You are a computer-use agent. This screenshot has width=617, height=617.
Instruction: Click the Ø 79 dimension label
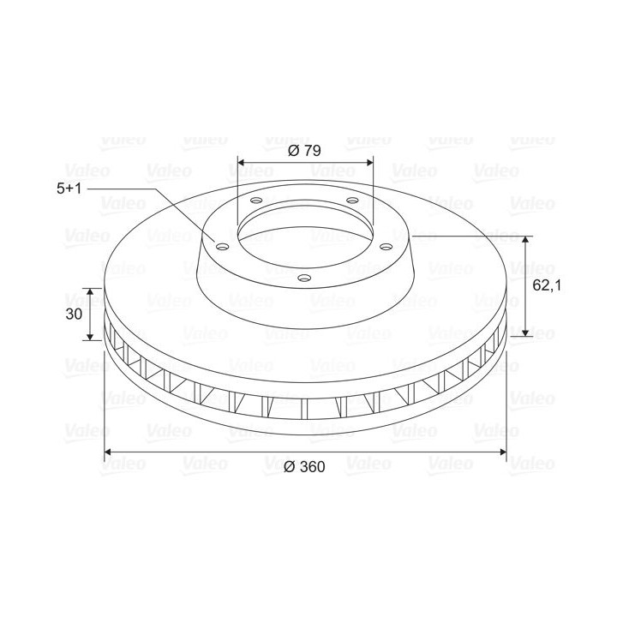click(304, 150)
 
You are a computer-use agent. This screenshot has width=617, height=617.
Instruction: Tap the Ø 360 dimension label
click(304, 467)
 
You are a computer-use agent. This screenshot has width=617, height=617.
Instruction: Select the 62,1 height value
click(547, 285)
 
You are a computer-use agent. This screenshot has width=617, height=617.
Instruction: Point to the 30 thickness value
click(74, 314)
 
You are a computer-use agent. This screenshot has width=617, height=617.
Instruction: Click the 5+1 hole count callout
click(69, 189)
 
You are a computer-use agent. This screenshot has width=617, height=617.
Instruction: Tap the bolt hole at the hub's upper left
click(256, 201)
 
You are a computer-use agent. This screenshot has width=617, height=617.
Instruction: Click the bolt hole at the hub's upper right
click(352, 201)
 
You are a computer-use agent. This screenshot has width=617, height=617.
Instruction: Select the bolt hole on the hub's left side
click(223, 247)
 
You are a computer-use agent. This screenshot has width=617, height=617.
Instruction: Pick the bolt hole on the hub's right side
click(386, 247)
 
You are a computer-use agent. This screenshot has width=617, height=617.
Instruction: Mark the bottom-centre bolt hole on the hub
click(304, 279)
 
